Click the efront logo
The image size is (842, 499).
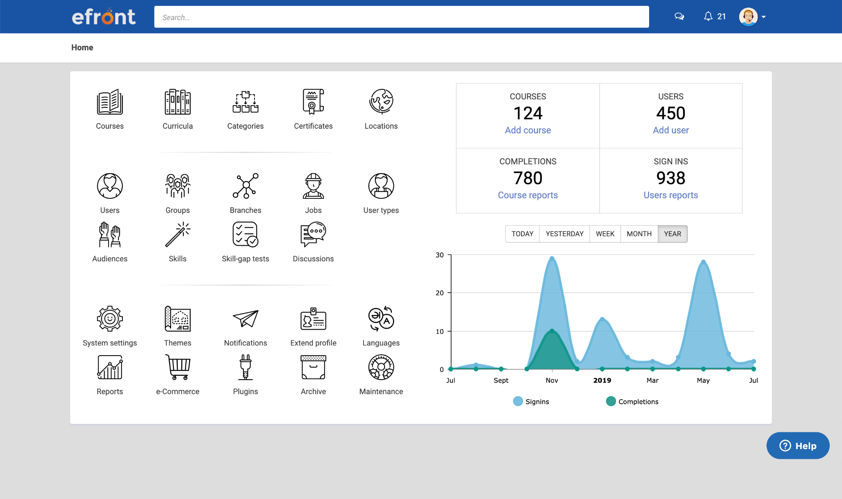click(104, 17)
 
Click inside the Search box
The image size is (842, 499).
click(401, 17)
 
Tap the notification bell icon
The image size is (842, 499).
click(708, 16)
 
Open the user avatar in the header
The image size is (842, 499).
click(748, 17)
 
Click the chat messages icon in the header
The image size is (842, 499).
click(679, 16)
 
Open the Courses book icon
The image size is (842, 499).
click(110, 102)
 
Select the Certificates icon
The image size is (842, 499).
click(313, 102)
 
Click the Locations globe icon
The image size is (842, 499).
click(381, 102)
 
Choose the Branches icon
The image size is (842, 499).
click(245, 186)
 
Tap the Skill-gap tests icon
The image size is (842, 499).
click(245, 234)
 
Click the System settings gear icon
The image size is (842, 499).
click(110, 319)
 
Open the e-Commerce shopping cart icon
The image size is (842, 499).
click(178, 367)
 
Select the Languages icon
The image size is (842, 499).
click(381, 319)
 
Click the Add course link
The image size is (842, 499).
click(528, 130)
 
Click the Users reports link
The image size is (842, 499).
click(670, 195)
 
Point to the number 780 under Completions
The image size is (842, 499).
click(528, 178)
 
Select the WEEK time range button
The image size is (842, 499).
click(605, 234)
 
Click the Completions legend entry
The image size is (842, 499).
click(632, 402)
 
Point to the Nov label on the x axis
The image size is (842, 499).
click(552, 380)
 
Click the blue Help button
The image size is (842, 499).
click(798, 446)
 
